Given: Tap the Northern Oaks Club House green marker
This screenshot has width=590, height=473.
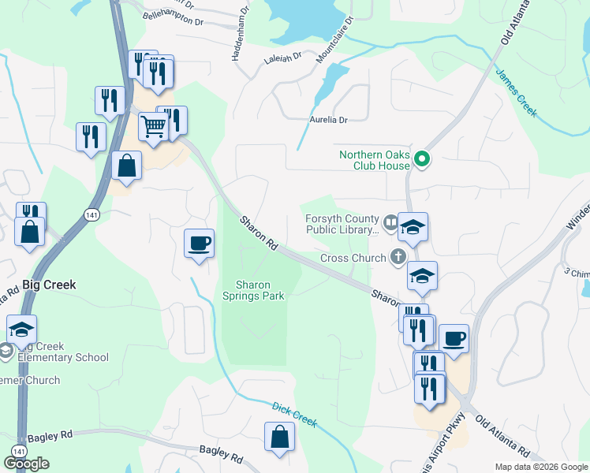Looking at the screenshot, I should [422, 160].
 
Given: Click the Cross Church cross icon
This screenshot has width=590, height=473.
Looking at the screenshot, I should [398, 257].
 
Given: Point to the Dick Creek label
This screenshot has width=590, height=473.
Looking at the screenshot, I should [294, 415].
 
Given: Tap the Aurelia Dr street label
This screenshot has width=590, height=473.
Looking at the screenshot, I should [327, 119].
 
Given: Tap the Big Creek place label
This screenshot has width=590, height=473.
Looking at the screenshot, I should [49, 285].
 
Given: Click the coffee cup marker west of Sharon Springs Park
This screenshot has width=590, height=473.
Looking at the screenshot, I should [199, 243].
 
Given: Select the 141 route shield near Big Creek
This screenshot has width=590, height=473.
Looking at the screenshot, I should [91, 215].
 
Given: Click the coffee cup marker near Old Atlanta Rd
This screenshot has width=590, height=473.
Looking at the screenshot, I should [454, 338].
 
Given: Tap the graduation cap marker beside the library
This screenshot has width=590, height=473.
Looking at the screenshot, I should [413, 227].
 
